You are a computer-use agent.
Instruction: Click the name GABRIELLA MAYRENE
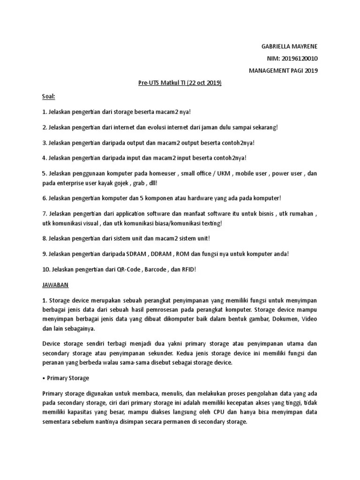click(289, 46)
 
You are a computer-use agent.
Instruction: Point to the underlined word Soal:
click(48, 96)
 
